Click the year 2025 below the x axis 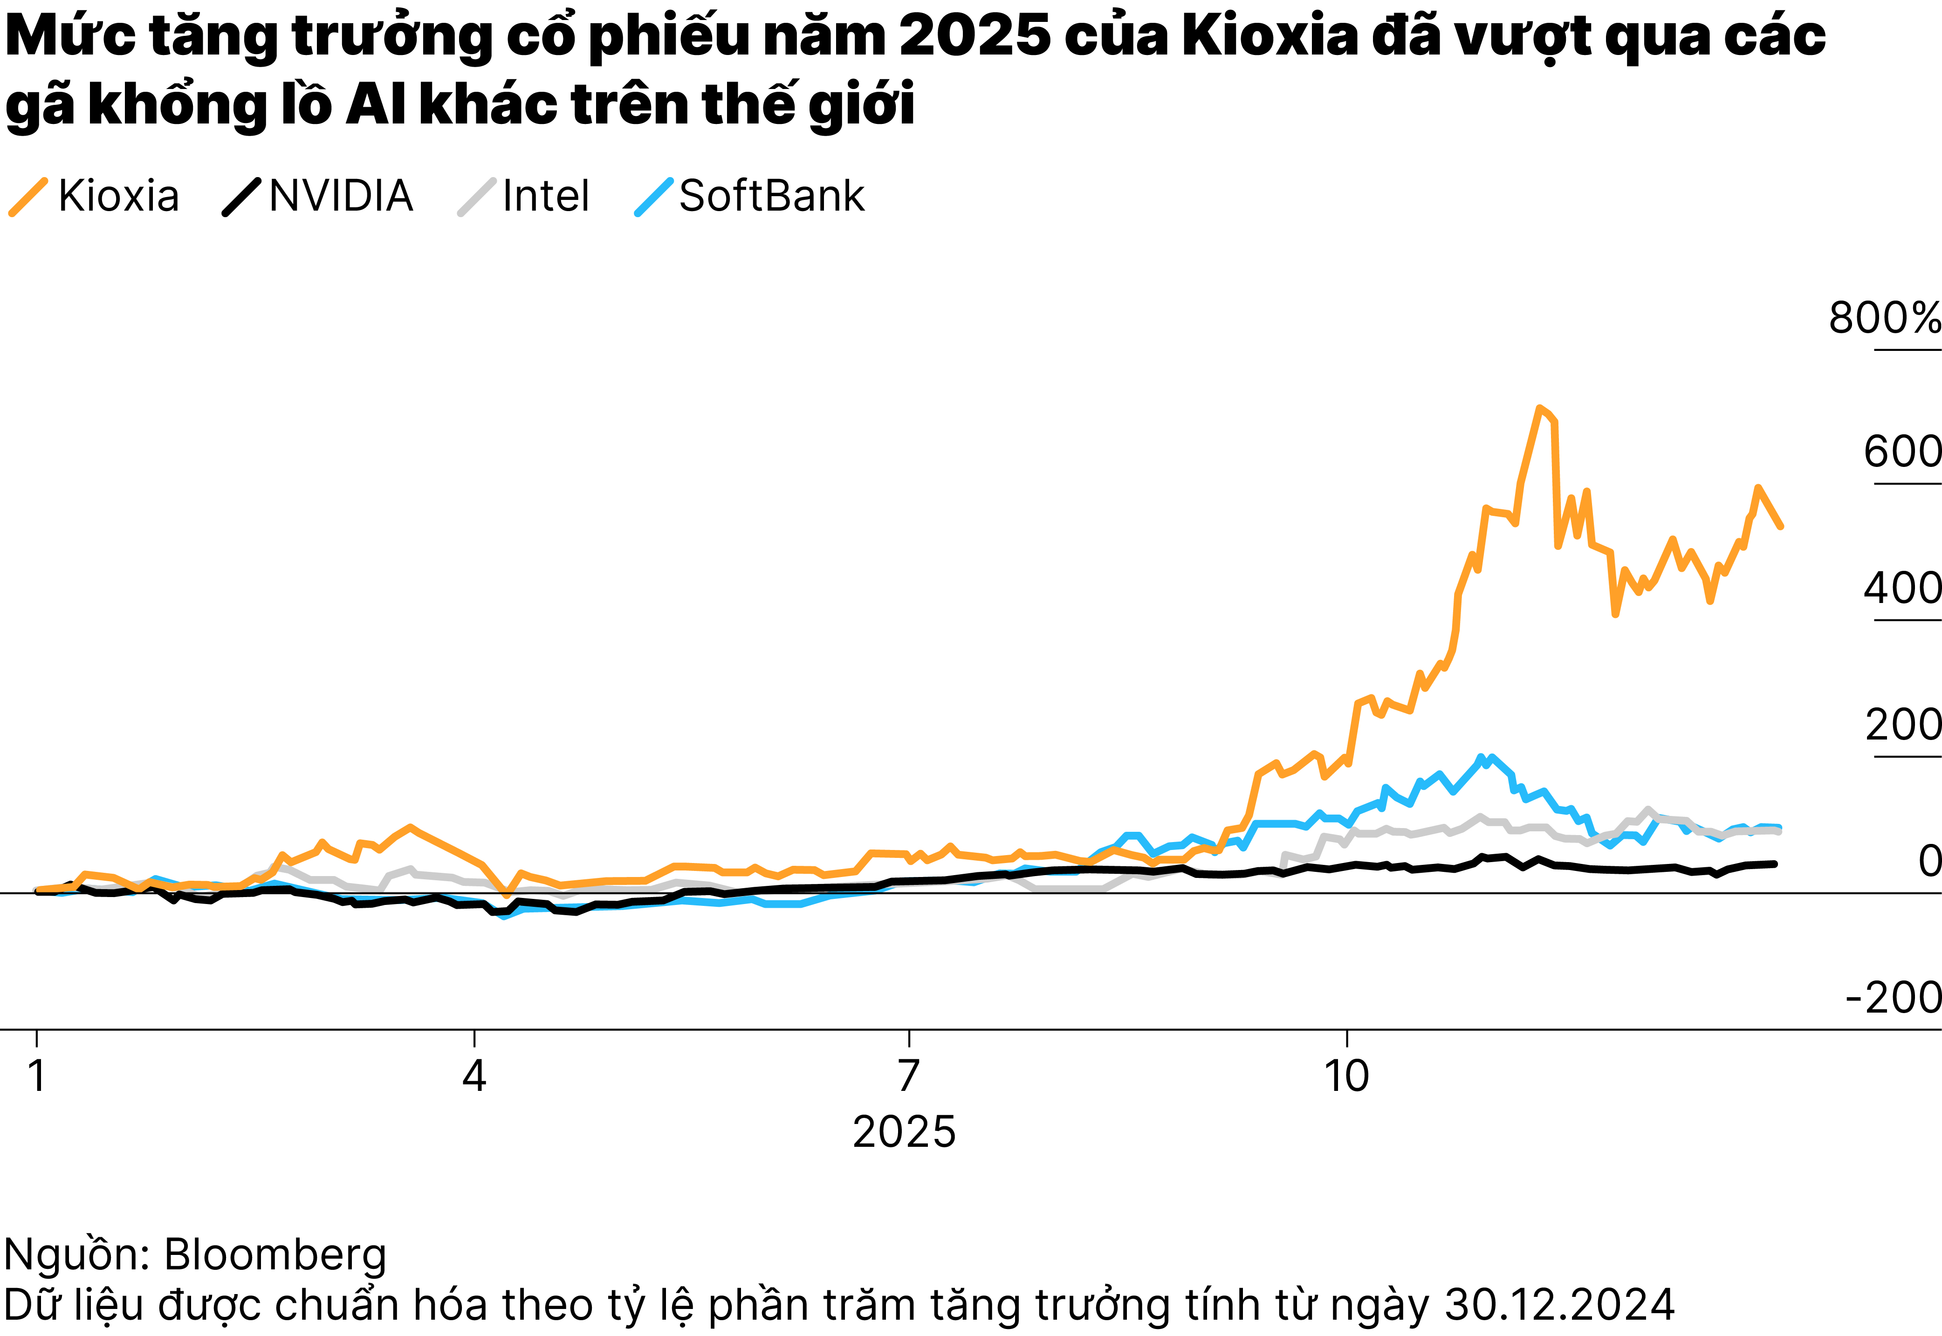[x=904, y=1132]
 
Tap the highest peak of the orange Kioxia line [x=1538, y=409]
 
